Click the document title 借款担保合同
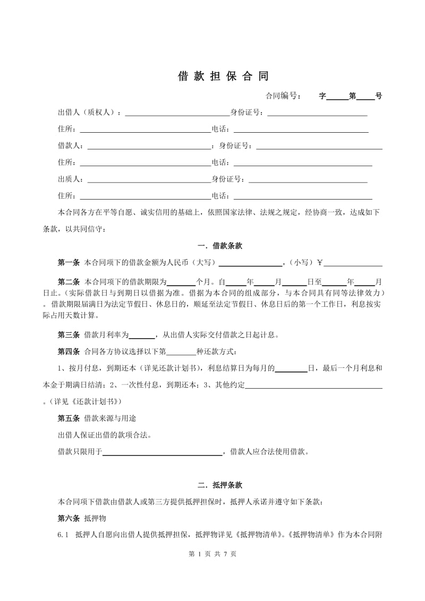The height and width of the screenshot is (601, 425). click(x=223, y=76)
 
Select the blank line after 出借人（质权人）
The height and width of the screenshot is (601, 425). click(x=176, y=113)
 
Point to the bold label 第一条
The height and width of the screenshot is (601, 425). click(x=69, y=262)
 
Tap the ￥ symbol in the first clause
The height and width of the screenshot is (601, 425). click(x=320, y=262)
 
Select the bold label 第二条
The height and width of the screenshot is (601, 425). click(x=69, y=281)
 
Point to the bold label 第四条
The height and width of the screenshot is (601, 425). click(x=69, y=351)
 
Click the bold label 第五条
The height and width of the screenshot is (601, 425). click(x=69, y=419)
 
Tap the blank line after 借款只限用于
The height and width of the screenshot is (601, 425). click(x=162, y=453)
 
